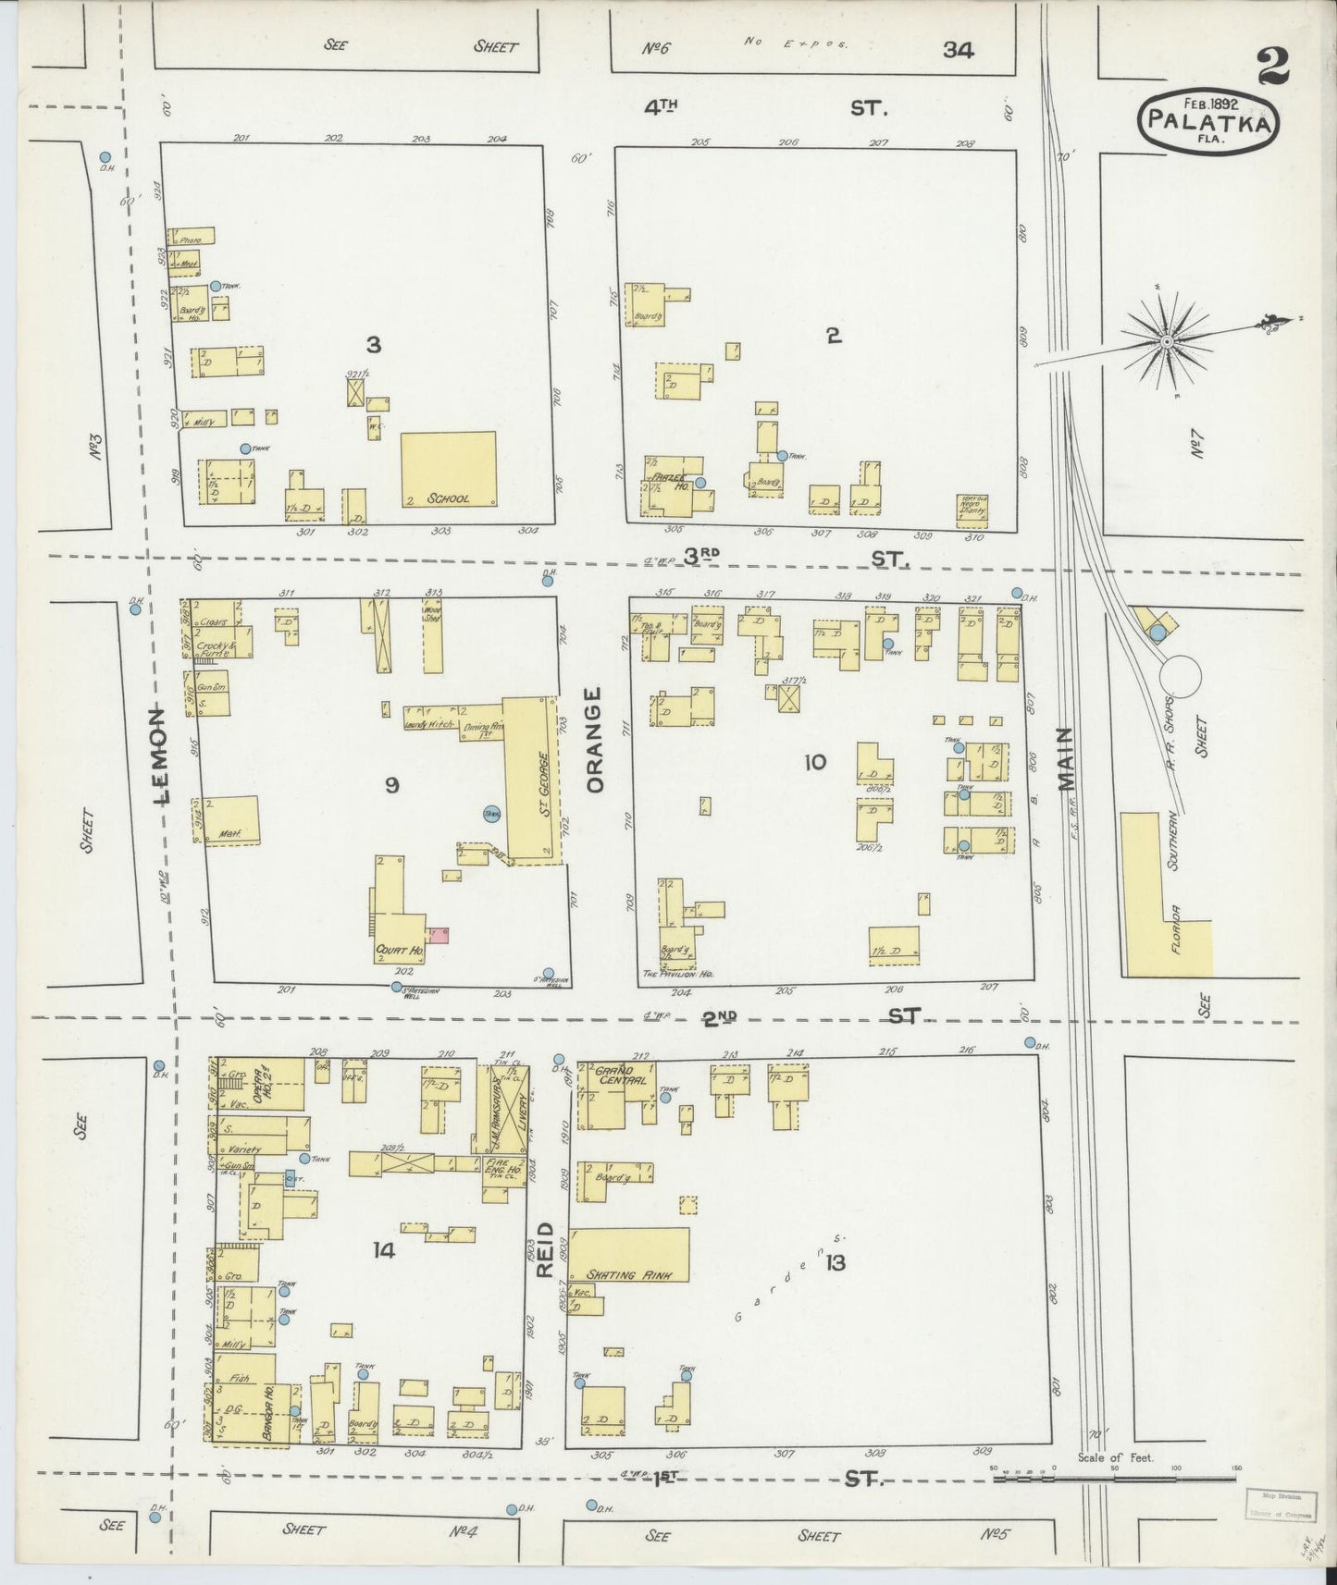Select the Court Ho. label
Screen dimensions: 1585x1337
399,950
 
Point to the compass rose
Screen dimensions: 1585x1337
1167,341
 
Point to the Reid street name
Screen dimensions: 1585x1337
544,1249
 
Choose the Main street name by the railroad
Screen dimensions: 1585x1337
1068,758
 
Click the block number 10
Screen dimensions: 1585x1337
815,763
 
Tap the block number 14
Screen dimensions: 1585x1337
384,1250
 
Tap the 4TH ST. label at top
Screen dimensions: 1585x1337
768,108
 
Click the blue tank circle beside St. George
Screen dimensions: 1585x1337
491,814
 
